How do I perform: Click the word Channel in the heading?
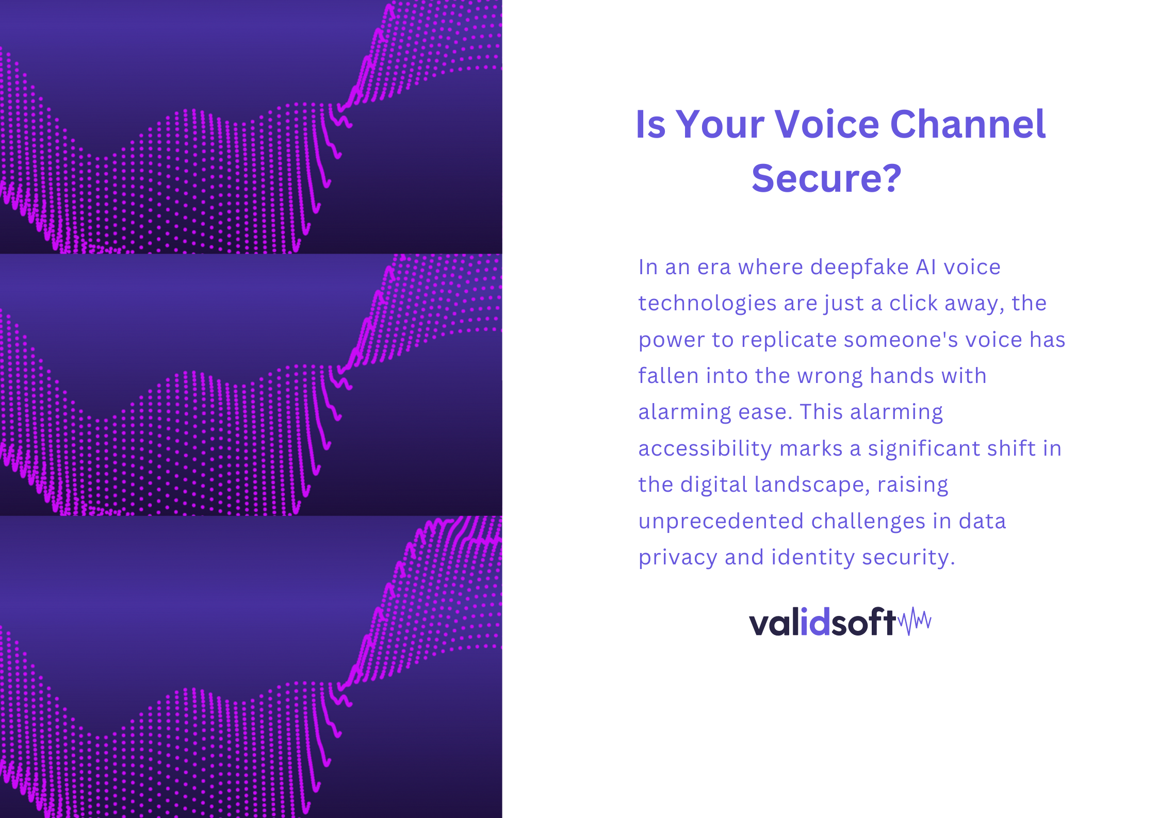(x=968, y=124)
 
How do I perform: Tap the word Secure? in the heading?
(x=826, y=178)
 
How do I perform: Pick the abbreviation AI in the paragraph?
(x=926, y=267)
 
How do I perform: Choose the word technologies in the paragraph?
(x=707, y=304)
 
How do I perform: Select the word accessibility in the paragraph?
(x=705, y=449)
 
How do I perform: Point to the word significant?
(x=926, y=449)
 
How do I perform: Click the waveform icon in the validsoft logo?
(x=915, y=621)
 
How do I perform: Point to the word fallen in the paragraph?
(x=668, y=376)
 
